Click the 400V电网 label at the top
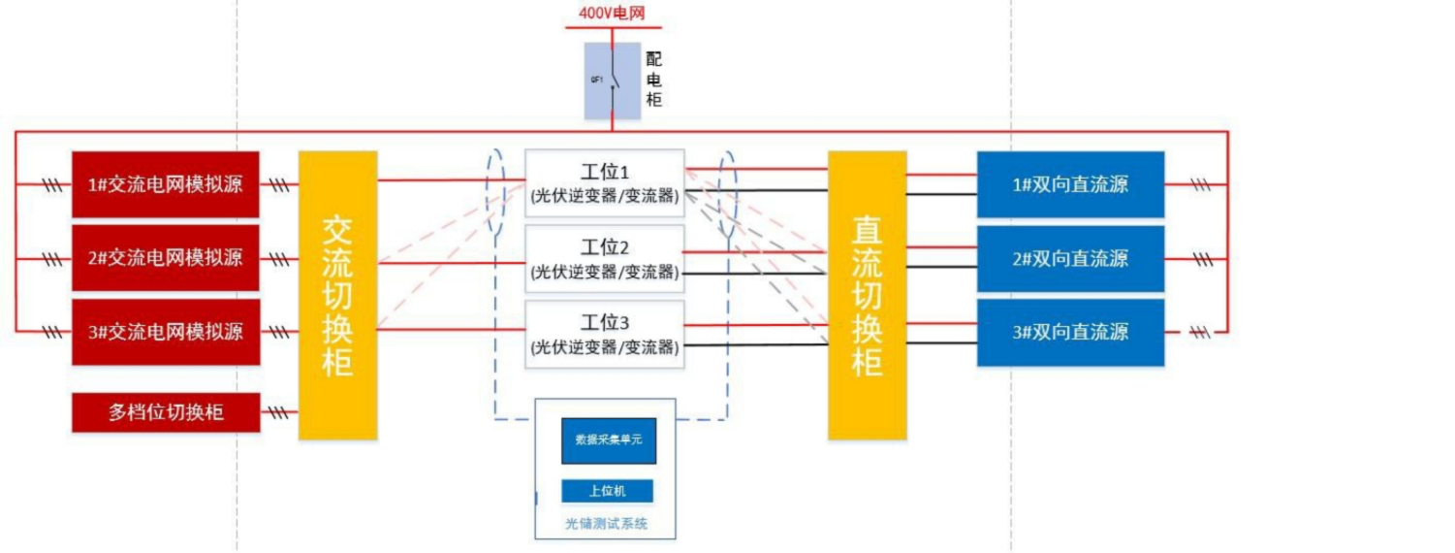[612, 14]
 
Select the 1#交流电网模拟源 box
[166, 184]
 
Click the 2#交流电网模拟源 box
[166, 258]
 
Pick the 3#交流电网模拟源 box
[166, 332]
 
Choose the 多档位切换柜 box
[166, 412]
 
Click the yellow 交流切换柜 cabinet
[337, 295]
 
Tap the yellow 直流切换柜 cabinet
[867, 295]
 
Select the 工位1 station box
[605, 182]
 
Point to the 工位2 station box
[605, 258]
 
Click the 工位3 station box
[605, 334]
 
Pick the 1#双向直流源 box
[1070, 184]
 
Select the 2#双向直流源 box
[1070, 258]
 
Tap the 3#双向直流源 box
[1070, 332]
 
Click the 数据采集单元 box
[609, 439]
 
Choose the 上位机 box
[607, 491]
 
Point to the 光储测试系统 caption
[606, 524]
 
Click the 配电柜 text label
[654, 80]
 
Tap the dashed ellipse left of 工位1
[496, 192]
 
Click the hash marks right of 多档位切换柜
[279, 413]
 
